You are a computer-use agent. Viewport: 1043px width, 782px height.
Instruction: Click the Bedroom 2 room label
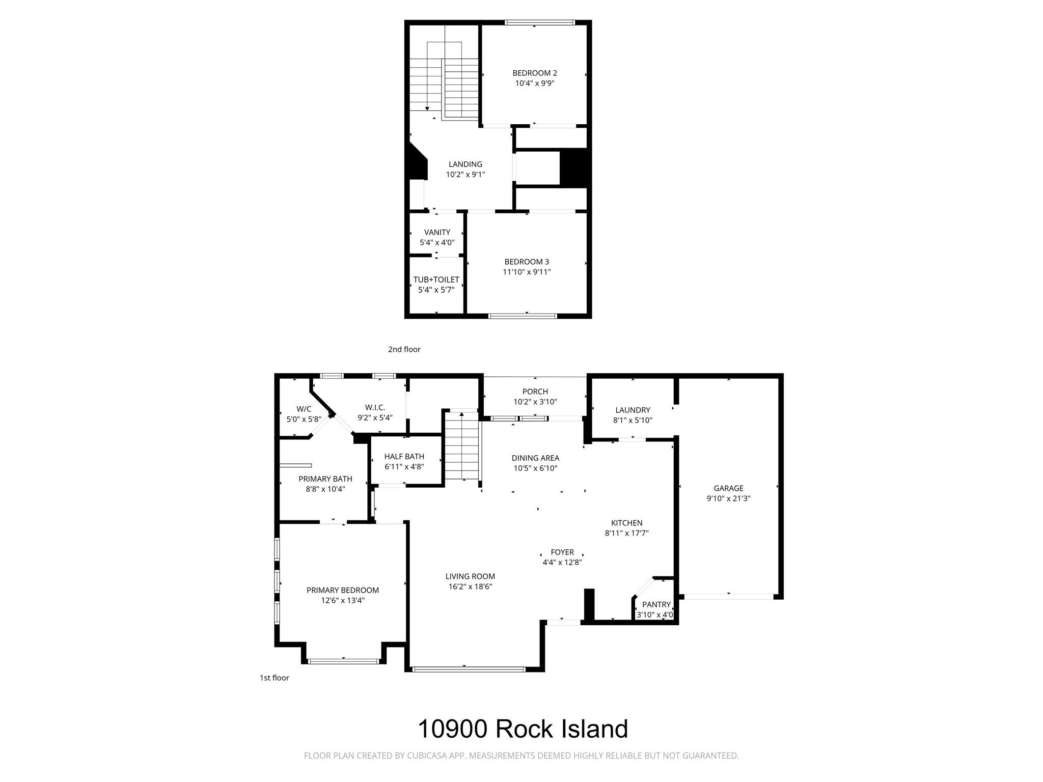pos(534,73)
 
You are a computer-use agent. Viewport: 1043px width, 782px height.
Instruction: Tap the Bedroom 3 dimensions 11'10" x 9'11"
pos(527,272)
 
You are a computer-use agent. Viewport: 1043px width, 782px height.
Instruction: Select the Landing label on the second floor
pos(465,164)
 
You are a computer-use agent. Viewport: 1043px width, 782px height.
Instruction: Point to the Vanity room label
pos(437,233)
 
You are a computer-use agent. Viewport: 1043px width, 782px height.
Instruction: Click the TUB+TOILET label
pos(436,280)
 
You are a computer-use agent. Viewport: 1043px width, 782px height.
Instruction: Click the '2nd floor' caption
pos(404,349)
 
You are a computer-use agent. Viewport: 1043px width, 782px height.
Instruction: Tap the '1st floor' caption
pos(274,678)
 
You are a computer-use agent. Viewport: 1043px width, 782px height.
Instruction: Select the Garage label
pos(728,488)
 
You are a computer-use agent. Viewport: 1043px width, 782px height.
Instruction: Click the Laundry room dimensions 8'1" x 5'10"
pos(633,421)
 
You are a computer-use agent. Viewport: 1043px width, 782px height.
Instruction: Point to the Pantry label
pos(656,605)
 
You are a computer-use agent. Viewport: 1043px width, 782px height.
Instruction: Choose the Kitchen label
pos(626,523)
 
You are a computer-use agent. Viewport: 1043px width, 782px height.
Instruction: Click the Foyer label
pos(562,552)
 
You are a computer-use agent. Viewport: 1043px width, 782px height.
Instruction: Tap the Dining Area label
pos(535,458)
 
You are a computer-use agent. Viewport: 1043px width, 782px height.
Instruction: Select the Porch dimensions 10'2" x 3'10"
pos(535,402)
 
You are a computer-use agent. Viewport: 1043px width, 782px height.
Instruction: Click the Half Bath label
pos(404,457)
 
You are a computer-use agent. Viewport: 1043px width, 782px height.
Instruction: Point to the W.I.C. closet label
pos(375,408)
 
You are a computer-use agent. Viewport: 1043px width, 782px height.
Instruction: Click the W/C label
pos(304,409)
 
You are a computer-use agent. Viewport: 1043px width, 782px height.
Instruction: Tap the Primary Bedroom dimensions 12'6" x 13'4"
pos(342,601)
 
